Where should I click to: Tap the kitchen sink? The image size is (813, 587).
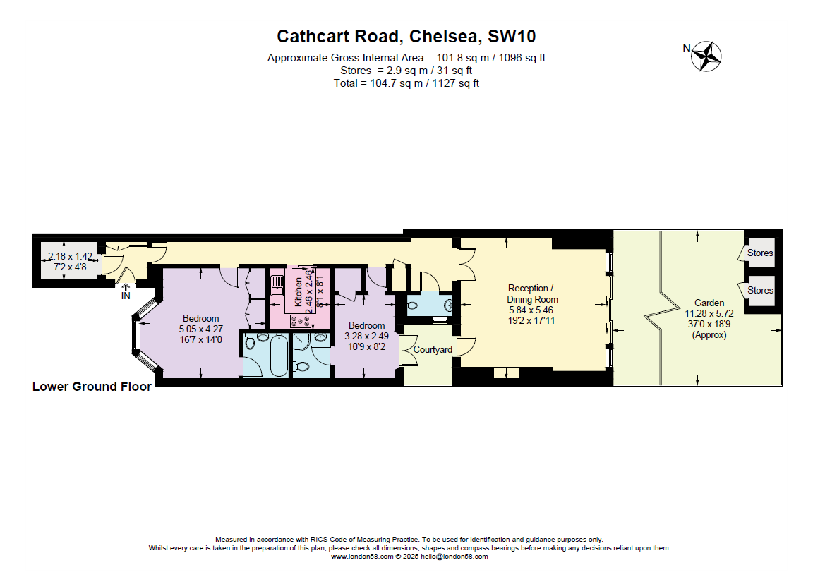tap(277, 284)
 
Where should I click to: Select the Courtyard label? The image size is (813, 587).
tap(433, 350)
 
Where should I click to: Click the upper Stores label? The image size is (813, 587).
tap(760, 253)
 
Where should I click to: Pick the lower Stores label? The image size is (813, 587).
tap(760, 290)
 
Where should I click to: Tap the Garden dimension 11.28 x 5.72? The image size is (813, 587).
tap(709, 313)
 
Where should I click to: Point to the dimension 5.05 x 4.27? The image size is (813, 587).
tap(201, 329)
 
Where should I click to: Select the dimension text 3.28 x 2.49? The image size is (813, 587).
tap(366, 336)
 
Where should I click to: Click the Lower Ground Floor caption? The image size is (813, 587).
tap(92, 387)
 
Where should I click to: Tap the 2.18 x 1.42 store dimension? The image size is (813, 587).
tap(70, 257)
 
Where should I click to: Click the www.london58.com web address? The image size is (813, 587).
tap(361, 557)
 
